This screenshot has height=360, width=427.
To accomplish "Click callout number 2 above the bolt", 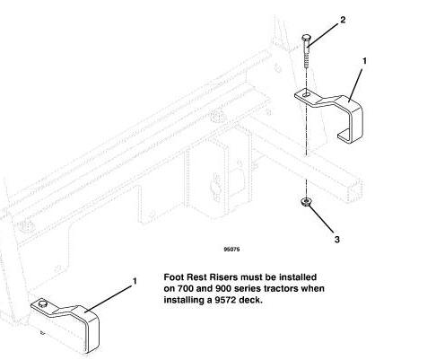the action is (x=343, y=20).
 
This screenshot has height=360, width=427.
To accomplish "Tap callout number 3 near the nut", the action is (x=337, y=240).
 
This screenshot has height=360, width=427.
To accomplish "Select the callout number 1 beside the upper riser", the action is (x=364, y=61).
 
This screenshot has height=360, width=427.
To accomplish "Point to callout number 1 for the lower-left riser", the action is (x=135, y=281).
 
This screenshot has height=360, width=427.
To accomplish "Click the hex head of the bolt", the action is (x=305, y=38).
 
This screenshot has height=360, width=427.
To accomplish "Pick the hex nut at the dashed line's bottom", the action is (x=305, y=203).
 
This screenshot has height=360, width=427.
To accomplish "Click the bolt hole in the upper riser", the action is (x=306, y=95).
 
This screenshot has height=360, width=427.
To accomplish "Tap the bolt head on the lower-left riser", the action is (x=43, y=304).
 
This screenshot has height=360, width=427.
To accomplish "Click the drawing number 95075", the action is (x=231, y=249).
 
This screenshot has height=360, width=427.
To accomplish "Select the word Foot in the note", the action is (x=173, y=277).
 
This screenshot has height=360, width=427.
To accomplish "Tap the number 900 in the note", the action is (x=222, y=288).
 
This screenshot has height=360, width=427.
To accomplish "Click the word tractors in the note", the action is (x=277, y=288).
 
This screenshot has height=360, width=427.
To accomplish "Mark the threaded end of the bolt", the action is (x=306, y=61).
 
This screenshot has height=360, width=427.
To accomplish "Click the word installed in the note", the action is (x=297, y=277).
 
